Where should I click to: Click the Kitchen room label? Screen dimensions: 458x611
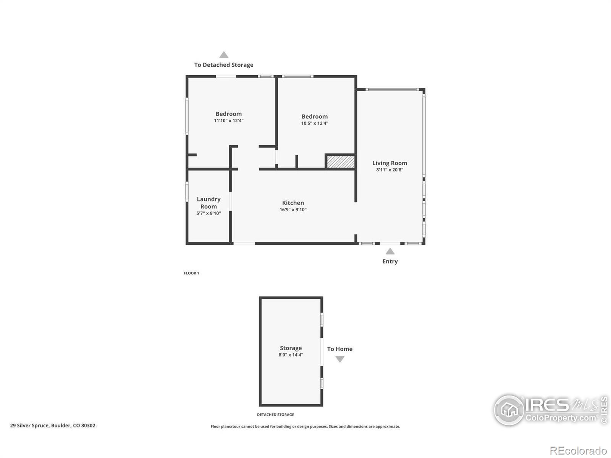click(293, 203)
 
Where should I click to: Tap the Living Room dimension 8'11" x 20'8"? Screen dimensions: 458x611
click(390, 170)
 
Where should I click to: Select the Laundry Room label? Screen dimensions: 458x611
click(209, 203)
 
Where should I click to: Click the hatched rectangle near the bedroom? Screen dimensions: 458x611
click(340, 161)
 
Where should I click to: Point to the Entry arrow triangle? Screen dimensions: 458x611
click(390, 251)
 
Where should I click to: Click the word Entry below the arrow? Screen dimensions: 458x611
click(390, 261)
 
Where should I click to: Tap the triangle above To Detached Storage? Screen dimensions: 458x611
click(224, 55)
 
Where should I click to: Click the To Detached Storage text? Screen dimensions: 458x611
click(224, 65)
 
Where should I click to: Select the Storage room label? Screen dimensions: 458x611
click(291, 348)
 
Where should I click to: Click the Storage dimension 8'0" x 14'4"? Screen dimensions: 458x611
click(291, 355)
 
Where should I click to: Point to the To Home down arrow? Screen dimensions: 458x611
click(340, 359)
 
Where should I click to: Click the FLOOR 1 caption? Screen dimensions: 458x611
click(191, 273)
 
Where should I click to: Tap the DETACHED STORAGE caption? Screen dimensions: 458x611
click(275, 414)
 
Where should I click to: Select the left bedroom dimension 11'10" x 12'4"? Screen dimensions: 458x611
click(228, 121)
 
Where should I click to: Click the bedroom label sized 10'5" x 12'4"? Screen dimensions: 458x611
click(314, 116)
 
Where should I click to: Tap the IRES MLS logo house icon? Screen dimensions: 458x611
click(509, 410)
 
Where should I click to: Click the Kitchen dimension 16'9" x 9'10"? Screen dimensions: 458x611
click(293, 210)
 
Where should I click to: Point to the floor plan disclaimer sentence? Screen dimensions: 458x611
click(305, 427)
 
